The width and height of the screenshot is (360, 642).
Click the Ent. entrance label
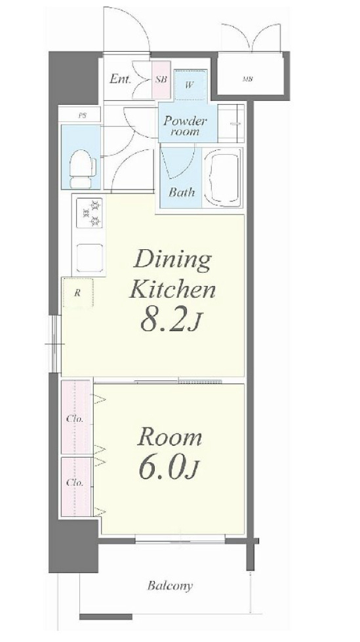coord(121,79)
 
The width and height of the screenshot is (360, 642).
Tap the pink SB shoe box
coord(161,79)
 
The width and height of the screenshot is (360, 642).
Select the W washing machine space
coord(190,85)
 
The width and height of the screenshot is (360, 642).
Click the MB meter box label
coord(247,79)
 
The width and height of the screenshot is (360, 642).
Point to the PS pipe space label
coord(83,115)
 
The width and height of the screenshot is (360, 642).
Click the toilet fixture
coord(83,169)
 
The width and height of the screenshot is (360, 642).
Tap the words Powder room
coord(185,126)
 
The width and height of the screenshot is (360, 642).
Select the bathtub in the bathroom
coord(224,178)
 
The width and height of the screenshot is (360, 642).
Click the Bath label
coord(182,192)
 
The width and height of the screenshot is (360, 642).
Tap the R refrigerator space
coord(78,292)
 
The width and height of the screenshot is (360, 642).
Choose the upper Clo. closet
coord(76,417)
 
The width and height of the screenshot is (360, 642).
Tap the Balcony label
coord(170,586)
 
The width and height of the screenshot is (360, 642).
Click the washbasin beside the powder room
coord(231,123)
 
